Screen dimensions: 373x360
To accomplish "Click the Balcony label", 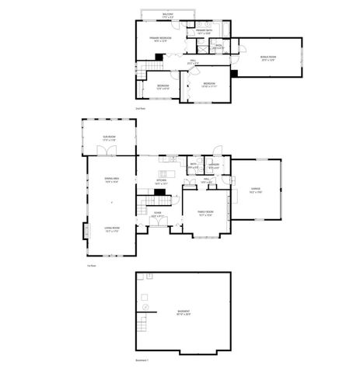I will [168, 14].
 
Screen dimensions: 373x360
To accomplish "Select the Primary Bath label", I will [204, 32].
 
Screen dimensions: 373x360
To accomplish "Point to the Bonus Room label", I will [267, 56].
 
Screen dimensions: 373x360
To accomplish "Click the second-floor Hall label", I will [193, 61].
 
